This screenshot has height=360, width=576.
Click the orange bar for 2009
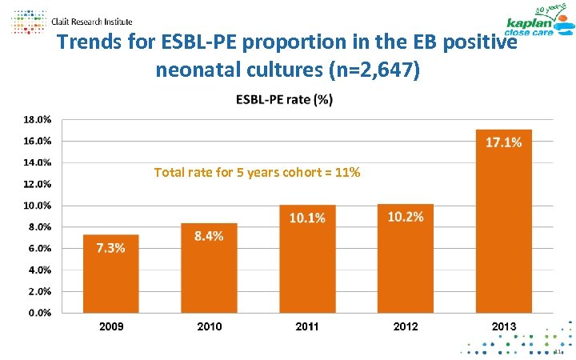111,273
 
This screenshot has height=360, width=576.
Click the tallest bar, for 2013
504,221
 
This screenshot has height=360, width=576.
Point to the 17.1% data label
504,142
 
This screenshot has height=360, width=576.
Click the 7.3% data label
110,248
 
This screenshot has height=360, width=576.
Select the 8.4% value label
209,236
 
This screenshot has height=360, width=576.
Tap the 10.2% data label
406,218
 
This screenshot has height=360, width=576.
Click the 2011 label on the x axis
307,326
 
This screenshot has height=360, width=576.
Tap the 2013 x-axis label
504,326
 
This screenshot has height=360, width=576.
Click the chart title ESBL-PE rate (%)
285,100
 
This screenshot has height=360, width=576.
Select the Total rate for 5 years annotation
257,172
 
